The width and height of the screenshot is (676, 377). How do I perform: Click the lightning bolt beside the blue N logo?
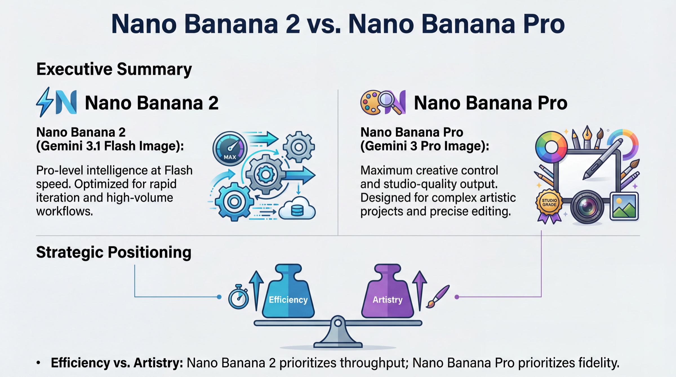(x=45, y=102)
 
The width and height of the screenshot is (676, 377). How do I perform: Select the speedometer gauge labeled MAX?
(x=230, y=148)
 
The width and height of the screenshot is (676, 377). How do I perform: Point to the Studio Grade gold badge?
(x=549, y=203)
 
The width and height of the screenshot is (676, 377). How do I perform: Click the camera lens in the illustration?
(x=587, y=207)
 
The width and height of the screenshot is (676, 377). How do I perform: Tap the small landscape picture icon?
(x=624, y=206)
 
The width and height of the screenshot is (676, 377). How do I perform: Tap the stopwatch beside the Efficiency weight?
(x=238, y=298)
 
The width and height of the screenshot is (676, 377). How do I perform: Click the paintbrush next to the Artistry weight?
(x=438, y=296)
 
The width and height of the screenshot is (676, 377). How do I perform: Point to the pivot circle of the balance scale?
(x=338, y=323)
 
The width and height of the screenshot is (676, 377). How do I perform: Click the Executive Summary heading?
(x=114, y=69)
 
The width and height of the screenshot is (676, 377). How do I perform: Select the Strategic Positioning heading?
(x=114, y=252)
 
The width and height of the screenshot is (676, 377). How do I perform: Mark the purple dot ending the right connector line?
(x=457, y=297)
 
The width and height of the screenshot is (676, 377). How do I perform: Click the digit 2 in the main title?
(x=290, y=24)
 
